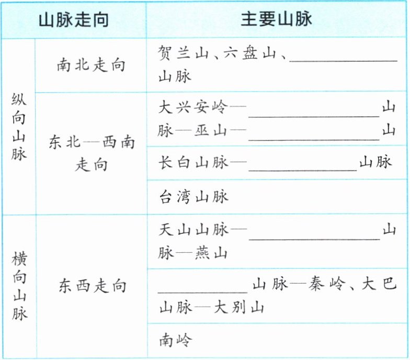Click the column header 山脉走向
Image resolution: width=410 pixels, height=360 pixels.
[74, 19]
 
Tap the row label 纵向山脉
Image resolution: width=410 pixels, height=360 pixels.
[19, 127]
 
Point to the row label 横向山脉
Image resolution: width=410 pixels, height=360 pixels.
[19, 286]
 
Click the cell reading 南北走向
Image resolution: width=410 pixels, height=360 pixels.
[91, 66]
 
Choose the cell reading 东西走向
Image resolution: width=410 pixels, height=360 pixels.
[92, 286]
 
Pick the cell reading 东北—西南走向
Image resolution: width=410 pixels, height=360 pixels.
[91, 153]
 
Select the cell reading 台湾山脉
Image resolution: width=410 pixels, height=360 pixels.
[193, 197]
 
